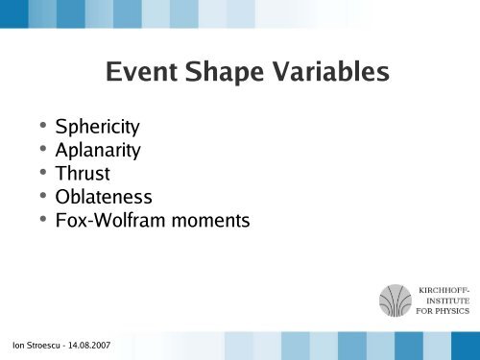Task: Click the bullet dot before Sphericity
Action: click(x=42, y=126)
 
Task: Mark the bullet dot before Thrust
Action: click(x=42, y=174)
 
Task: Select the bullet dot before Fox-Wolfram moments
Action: click(x=42, y=221)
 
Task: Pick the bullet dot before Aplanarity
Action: click(x=42, y=150)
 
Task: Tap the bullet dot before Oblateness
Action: click(x=42, y=197)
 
